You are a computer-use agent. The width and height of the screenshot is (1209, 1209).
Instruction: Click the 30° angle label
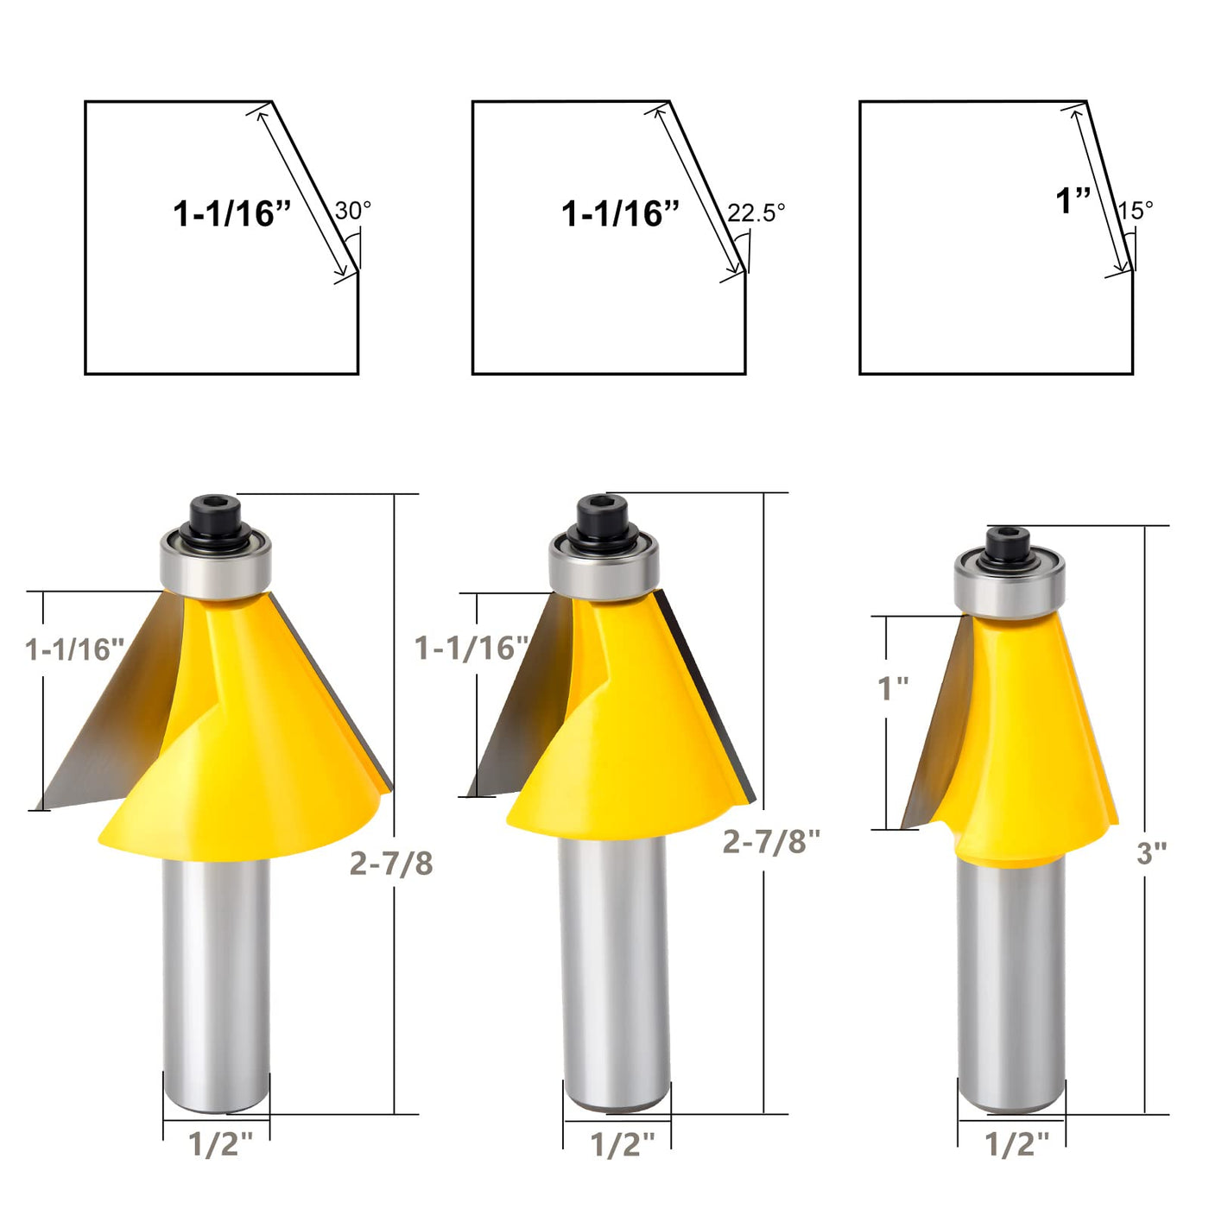pos(352,210)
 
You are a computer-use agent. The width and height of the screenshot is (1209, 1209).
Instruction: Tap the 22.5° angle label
pos(756,212)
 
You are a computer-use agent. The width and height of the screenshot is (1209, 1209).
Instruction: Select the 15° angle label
pos(1135,210)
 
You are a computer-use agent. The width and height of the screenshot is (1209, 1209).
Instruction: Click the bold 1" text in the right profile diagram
pos(1073,200)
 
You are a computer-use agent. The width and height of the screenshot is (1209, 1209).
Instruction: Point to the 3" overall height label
pos(1152,853)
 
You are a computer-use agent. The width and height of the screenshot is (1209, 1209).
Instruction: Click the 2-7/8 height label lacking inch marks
pos(391,864)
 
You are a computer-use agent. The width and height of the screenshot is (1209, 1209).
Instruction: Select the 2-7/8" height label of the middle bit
pos(771,841)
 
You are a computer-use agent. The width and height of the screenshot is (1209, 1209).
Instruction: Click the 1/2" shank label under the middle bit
pos(623,1144)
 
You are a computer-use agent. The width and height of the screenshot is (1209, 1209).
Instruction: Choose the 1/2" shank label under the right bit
pos(1017,1144)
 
